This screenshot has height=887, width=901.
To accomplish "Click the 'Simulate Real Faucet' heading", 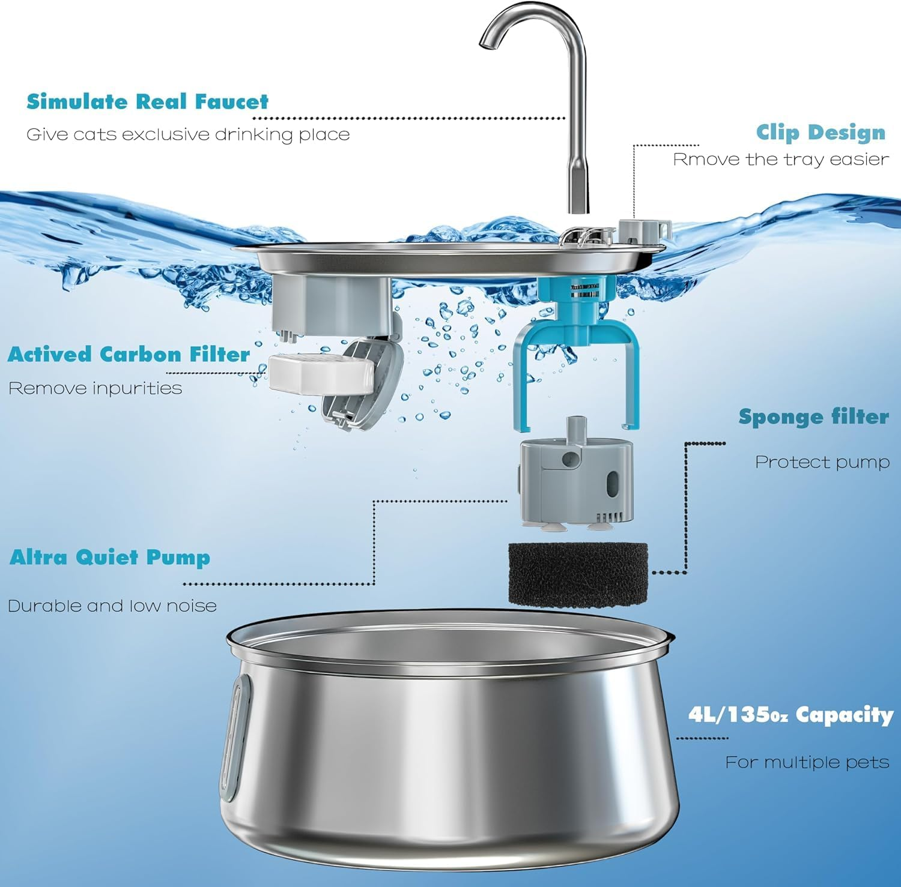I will click(147, 101).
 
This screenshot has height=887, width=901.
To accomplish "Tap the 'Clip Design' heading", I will click(821, 132).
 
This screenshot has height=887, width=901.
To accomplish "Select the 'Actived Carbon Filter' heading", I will click(129, 354).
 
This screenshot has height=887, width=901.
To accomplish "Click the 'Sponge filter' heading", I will click(813, 416).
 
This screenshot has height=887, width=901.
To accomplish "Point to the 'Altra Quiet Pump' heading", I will click(110, 558).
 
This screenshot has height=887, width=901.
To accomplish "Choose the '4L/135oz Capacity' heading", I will click(790, 715).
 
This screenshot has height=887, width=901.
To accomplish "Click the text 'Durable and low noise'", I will click(112, 606).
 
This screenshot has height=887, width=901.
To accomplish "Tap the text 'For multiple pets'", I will click(807, 762).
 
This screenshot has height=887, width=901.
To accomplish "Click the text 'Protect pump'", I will click(822, 462).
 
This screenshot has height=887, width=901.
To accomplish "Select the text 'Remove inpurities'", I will click(95, 388).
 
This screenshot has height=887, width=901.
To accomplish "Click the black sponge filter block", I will click(578, 574).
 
